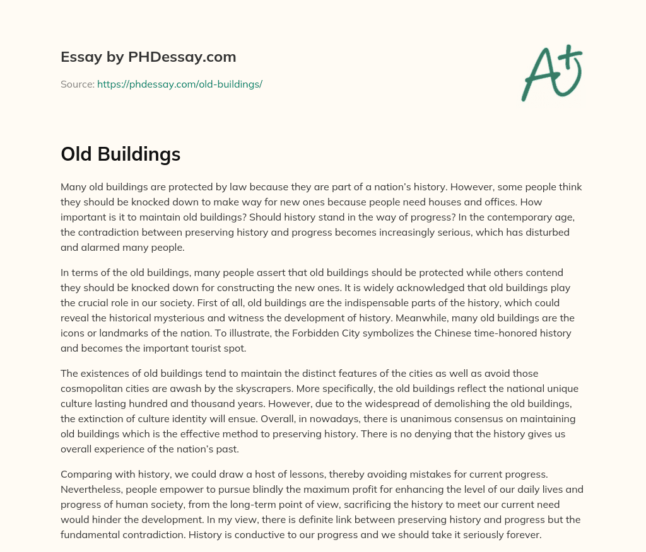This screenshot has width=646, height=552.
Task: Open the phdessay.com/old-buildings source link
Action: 179,84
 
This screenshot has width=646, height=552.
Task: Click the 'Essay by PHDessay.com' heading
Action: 148,57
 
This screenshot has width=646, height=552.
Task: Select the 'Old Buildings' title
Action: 120,154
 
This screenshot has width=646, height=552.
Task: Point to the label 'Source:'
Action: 78,84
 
